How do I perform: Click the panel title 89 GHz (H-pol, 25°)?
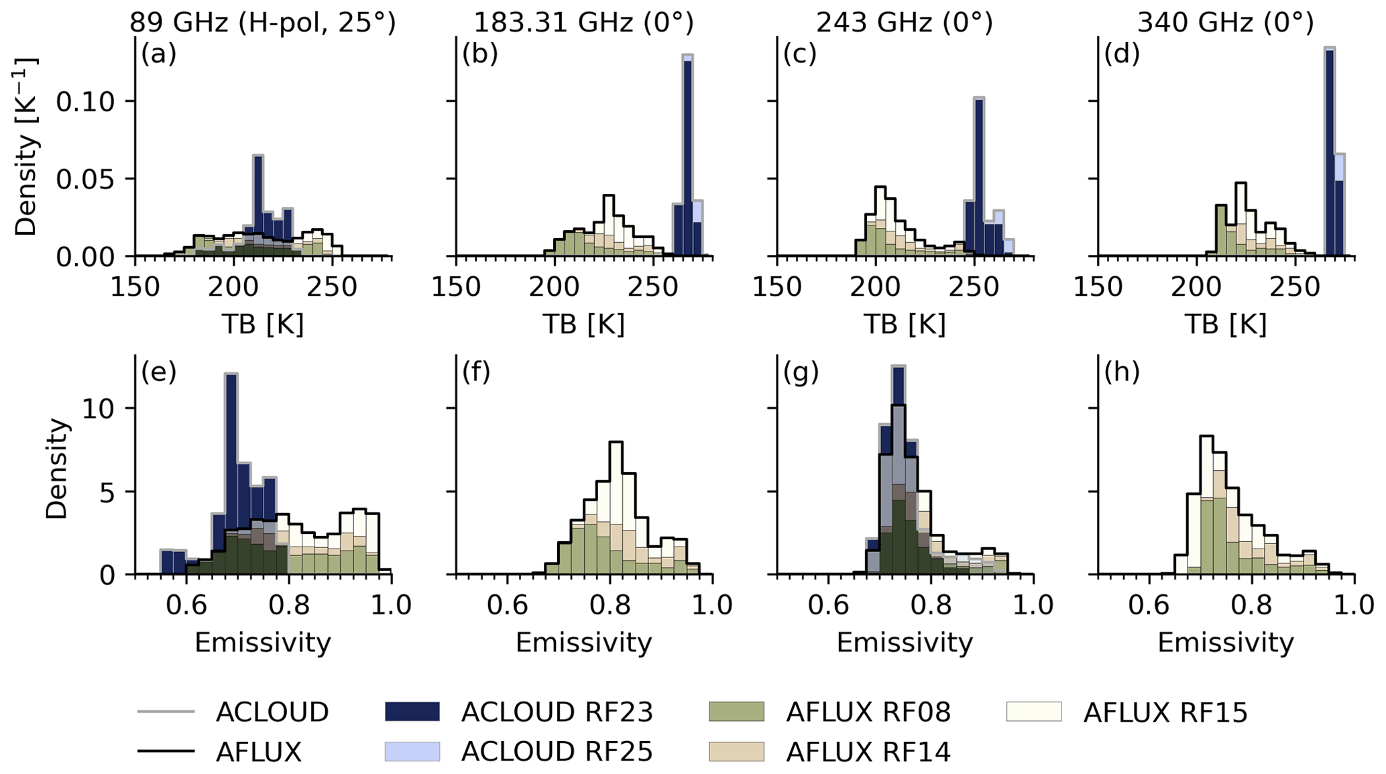point(262,23)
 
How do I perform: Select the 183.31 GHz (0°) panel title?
point(583,23)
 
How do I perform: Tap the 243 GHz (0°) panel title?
point(904,23)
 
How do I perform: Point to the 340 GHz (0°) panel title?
point(1225,23)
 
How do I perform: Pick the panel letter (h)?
point(1122,371)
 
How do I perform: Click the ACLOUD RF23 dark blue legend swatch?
point(412,712)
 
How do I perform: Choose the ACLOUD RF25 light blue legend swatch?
point(412,752)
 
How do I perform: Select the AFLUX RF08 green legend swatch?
point(736,712)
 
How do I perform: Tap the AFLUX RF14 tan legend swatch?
point(736,752)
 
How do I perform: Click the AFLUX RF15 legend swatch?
point(1033,712)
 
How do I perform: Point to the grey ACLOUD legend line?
point(166,712)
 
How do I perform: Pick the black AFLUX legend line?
point(166,752)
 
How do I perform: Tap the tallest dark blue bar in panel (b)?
point(687,158)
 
